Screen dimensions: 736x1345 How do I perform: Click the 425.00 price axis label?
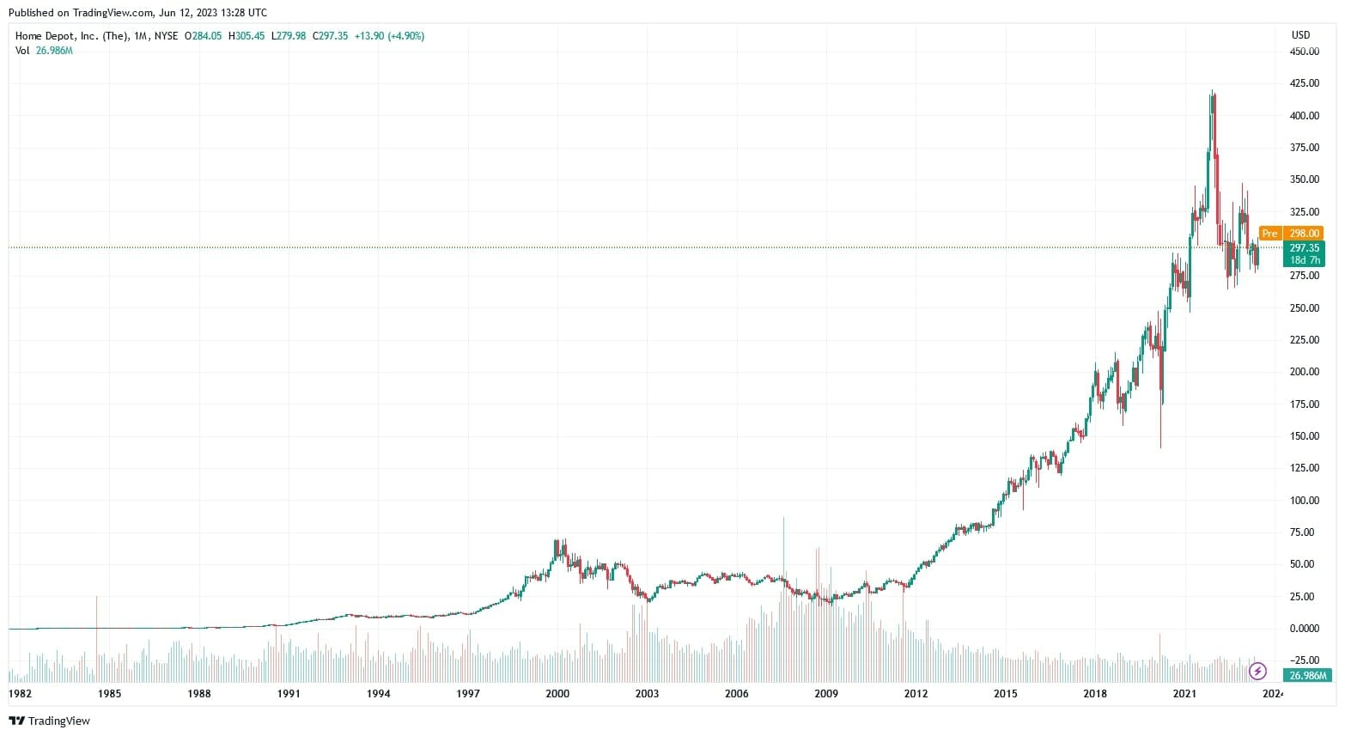pos(1304,83)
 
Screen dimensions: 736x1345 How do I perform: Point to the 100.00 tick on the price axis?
pos(1304,501)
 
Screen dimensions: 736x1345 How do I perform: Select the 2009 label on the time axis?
pos(826,694)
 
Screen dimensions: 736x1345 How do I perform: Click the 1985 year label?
pos(109,694)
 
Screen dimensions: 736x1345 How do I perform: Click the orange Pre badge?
pos(1269,234)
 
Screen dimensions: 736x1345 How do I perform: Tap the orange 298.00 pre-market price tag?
pos(1304,234)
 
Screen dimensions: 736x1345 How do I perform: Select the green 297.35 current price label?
pos(1304,248)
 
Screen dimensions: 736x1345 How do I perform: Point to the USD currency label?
pos(1300,35)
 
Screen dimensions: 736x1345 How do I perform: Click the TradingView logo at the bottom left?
pos(50,721)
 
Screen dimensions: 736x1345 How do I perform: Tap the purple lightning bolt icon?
pos(1257,671)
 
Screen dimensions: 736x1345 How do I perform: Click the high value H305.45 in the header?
pos(247,36)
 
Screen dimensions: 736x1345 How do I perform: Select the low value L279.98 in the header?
pos(289,36)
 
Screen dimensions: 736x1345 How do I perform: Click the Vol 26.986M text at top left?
pos(44,51)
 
